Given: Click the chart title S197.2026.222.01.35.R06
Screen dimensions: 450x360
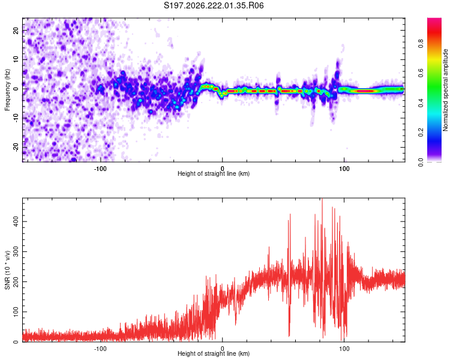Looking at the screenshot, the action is click(x=214, y=5).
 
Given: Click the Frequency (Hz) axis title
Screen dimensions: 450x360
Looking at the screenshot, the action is click(x=7, y=90).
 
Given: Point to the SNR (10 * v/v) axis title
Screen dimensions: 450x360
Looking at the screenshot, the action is click(x=7, y=270).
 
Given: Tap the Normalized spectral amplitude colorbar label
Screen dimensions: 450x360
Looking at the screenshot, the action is click(x=445, y=90).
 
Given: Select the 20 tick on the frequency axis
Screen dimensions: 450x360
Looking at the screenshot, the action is click(x=16, y=31).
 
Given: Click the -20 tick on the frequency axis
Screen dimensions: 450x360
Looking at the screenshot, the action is click(x=16, y=147).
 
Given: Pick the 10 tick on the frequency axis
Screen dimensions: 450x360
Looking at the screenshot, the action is click(x=16, y=60).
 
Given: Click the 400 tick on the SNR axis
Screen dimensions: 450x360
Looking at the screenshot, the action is click(x=16, y=221).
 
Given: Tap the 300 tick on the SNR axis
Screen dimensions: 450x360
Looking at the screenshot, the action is click(x=16, y=251).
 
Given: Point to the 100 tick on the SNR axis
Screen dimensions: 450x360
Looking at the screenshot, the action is click(x=16, y=312).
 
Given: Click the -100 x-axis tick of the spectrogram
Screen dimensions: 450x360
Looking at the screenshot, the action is click(x=100, y=169).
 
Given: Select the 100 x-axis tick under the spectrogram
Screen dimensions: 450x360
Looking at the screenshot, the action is click(x=344, y=169).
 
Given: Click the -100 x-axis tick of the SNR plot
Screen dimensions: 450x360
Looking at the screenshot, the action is click(x=100, y=349).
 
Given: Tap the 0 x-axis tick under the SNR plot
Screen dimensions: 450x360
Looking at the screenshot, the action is click(x=223, y=349).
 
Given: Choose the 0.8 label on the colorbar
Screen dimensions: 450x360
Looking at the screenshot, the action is click(x=421, y=44).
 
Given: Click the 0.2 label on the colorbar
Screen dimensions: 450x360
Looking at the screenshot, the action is click(x=421, y=133).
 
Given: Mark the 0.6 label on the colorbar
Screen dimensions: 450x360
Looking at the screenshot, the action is click(x=421, y=73).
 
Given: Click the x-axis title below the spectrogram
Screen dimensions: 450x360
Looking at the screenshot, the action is click(x=214, y=173).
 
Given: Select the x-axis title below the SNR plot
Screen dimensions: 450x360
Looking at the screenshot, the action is click(x=214, y=353).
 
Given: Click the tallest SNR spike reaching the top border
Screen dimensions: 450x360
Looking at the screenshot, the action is click(x=322, y=201).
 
